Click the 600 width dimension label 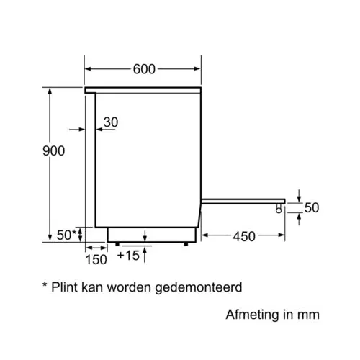[144, 69]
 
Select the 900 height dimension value [53, 151]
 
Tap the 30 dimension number [111, 122]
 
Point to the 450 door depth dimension [244, 236]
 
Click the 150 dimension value [96, 260]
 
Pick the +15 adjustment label [128, 256]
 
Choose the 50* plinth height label [66, 235]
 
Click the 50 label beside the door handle [312, 207]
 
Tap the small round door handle [279, 210]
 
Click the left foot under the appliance [117, 244]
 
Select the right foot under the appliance [186, 244]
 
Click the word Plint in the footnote [65, 287]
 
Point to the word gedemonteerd [199, 288]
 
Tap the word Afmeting [252, 315]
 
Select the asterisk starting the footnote [45, 284]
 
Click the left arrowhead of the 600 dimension [88, 69]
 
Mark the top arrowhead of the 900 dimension [50, 91]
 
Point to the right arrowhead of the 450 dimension [282, 235]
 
